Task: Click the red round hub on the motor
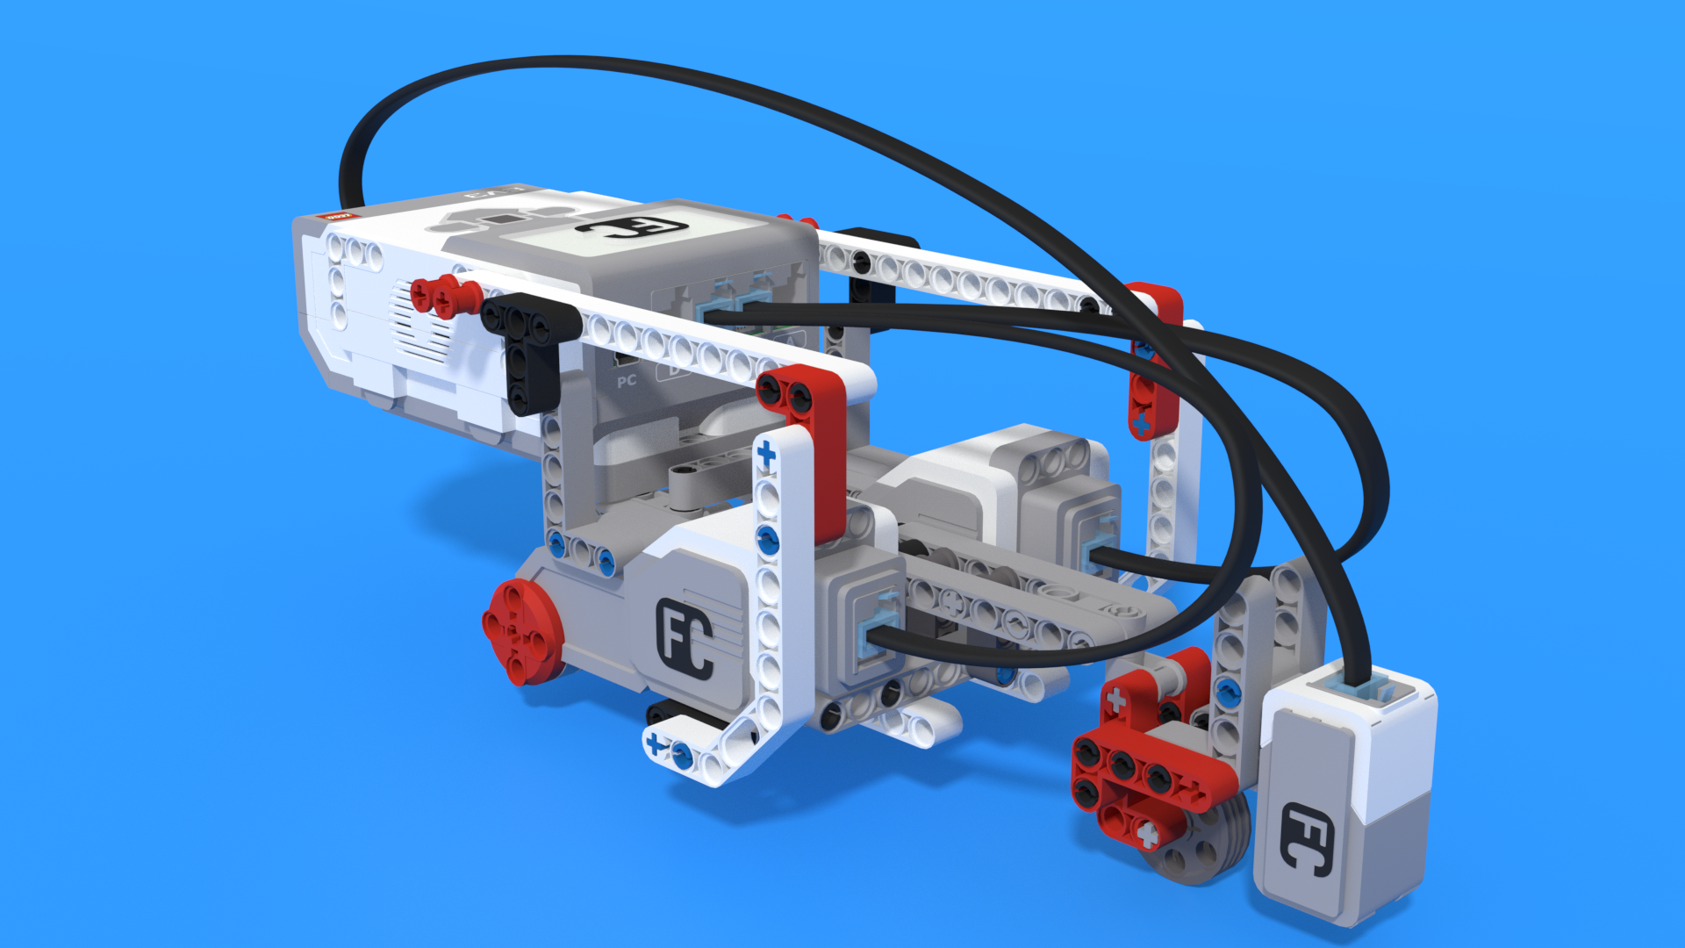point(523,630)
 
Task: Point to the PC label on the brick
point(627,381)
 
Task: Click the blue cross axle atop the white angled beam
point(766,454)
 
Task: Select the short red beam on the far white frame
point(1154,360)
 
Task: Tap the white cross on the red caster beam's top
point(1116,700)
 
